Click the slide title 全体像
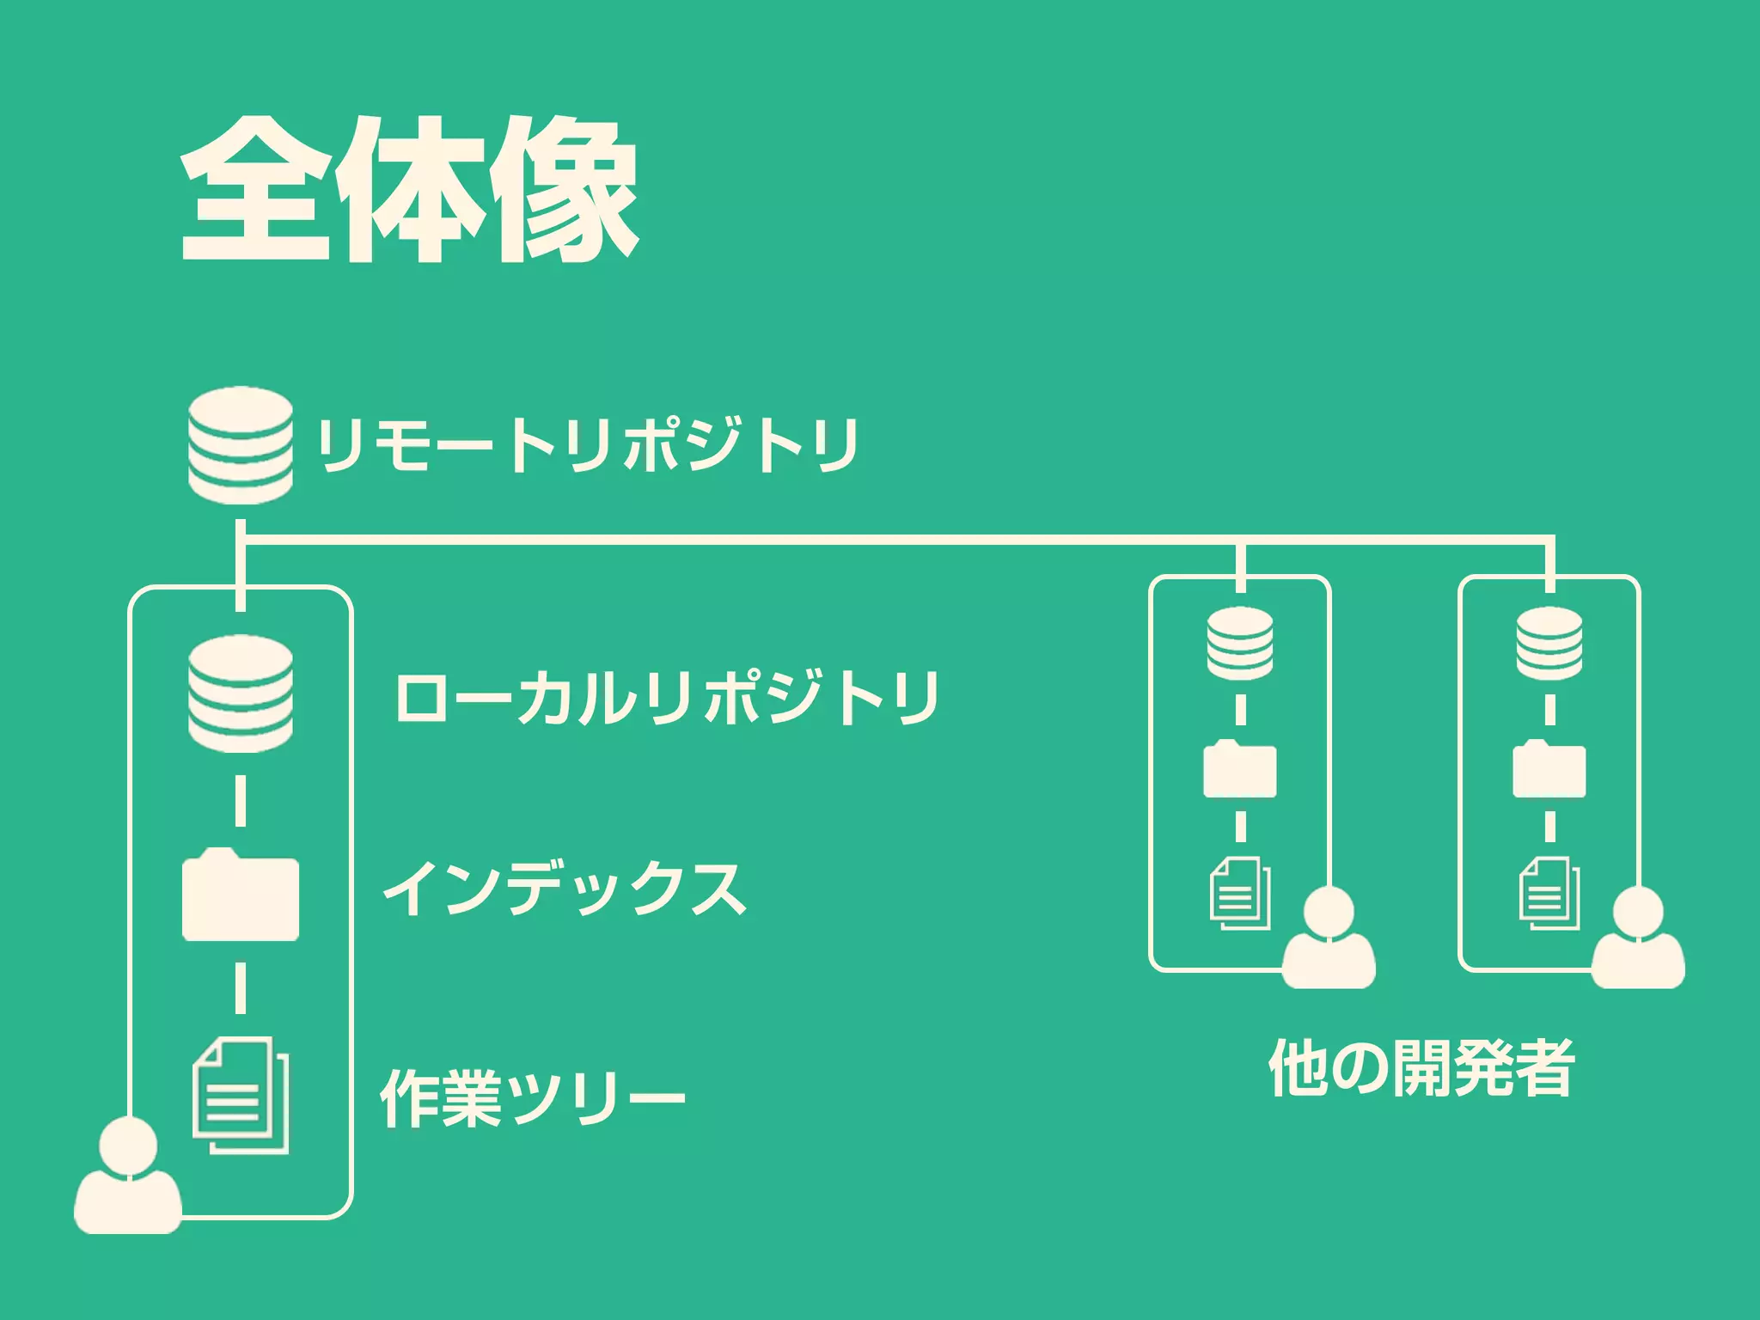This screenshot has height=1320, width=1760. tap(409, 190)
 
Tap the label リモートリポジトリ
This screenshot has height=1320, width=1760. tap(588, 445)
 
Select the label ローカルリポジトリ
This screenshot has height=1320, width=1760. tap(666, 697)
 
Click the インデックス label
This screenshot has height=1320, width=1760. tap(565, 889)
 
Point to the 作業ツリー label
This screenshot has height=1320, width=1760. tap(532, 1097)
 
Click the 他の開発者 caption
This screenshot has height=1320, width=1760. tap(1421, 1068)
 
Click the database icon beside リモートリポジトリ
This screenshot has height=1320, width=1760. tap(241, 444)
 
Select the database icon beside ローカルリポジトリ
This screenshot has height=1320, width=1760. tap(241, 694)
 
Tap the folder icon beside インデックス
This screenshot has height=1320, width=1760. tap(241, 895)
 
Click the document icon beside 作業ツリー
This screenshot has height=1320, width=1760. tap(241, 1095)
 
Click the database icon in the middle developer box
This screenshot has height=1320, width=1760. tap(1240, 643)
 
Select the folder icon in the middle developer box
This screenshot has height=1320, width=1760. tap(1240, 769)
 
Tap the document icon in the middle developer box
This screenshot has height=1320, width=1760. tap(1240, 894)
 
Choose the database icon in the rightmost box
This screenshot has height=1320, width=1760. tap(1549, 643)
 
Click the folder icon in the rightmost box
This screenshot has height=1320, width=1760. tap(1549, 769)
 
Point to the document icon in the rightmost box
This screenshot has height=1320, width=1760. tap(1549, 894)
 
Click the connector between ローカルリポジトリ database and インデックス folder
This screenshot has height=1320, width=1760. tap(241, 801)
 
